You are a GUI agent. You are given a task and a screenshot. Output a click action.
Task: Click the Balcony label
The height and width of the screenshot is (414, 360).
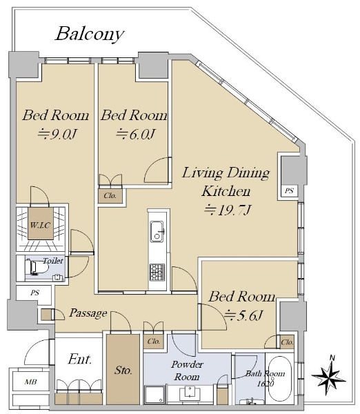click(x=90, y=34)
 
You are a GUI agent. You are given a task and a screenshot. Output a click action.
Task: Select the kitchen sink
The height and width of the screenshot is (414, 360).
click(x=157, y=232)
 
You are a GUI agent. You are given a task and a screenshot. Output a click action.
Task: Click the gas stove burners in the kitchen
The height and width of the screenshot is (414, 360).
click(x=157, y=273)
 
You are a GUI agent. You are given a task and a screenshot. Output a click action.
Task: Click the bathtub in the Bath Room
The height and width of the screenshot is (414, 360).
click(x=280, y=380)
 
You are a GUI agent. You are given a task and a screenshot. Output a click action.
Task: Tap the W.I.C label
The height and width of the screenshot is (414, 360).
click(x=40, y=225)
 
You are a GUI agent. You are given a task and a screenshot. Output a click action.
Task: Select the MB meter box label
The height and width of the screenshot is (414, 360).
click(x=30, y=382)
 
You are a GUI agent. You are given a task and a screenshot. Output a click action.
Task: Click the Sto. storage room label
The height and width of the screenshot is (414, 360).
click(x=123, y=370)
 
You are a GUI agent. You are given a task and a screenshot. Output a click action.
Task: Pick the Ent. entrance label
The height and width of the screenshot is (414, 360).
click(x=80, y=359)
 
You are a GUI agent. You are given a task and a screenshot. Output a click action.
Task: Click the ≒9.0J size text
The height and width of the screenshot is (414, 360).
click(x=57, y=134)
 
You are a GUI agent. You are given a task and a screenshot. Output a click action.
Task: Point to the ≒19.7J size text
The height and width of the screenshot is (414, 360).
click(x=227, y=210)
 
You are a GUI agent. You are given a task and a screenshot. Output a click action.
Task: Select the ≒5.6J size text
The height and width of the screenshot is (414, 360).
click(x=243, y=315)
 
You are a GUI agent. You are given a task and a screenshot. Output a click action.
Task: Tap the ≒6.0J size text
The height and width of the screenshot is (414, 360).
click(x=135, y=134)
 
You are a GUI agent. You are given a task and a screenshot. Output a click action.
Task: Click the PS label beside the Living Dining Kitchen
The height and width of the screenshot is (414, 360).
click(x=290, y=190)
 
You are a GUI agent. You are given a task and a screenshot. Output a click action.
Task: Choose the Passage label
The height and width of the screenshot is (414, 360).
click(x=88, y=313)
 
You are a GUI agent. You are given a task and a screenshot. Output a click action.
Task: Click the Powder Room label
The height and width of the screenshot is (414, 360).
click(x=187, y=371)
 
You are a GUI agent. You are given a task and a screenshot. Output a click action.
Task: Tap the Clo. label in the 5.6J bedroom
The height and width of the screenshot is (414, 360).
click(x=287, y=342)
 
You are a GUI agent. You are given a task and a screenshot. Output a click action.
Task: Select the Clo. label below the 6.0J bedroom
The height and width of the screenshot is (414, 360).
click(x=110, y=196)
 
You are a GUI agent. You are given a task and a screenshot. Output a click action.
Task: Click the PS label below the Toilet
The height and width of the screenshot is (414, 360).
click(x=34, y=293)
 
